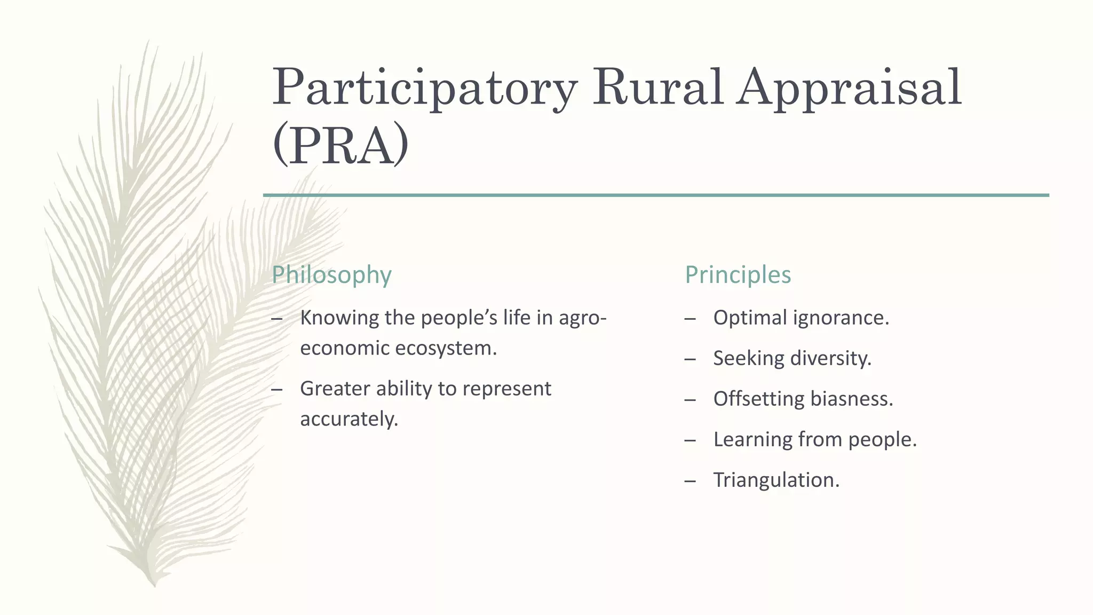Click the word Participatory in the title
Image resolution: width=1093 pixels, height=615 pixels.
(x=424, y=88)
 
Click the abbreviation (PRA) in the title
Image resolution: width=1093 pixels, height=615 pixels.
(x=340, y=145)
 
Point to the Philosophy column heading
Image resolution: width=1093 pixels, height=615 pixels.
(x=331, y=275)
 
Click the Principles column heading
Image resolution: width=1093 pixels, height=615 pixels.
(x=738, y=275)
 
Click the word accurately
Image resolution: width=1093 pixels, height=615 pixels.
(x=349, y=419)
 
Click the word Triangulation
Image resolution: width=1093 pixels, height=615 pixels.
(x=776, y=480)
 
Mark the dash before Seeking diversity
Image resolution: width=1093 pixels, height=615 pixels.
(x=690, y=359)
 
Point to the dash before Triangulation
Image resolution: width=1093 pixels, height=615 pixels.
(x=690, y=481)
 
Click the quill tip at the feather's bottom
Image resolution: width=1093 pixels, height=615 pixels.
(x=154, y=585)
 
